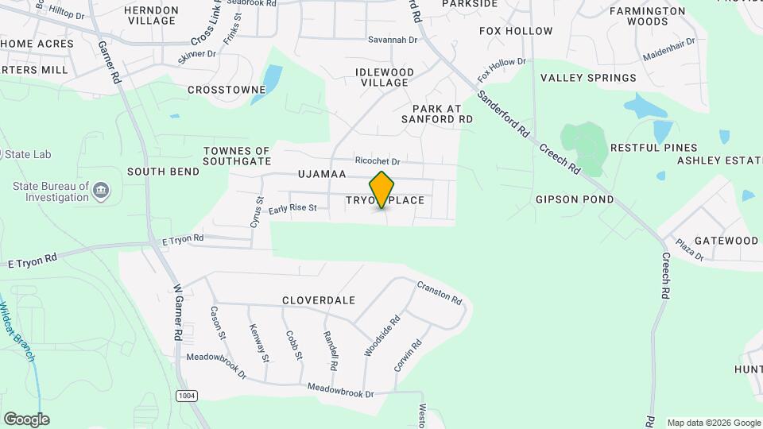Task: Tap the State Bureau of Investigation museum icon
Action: (101, 191)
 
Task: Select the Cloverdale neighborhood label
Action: (318, 301)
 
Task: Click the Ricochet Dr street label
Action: (378, 160)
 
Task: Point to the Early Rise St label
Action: (292, 209)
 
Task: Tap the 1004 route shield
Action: (186, 395)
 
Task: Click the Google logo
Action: (26, 419)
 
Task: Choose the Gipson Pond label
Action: (575, 199)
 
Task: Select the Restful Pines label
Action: (653, 148)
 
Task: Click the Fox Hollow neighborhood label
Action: (516, 31)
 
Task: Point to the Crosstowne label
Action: (227, 90)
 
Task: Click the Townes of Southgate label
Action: (237, 156)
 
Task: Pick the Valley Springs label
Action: (588, 78)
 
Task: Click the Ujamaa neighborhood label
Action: (322, 174)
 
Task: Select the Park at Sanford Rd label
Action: (443, 114)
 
